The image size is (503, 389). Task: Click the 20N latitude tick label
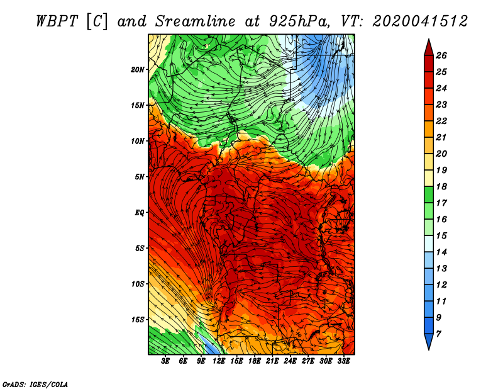point(137,70)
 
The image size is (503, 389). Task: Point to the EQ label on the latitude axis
point(139,213)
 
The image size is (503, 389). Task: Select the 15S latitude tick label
point(138,320)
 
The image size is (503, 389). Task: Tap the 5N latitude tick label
point(140,177)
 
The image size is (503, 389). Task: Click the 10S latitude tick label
point(138,284)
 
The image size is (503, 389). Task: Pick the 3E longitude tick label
point(165,361)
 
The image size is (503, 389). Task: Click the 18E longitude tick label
point(255,361)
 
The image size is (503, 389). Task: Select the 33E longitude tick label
point(343,361)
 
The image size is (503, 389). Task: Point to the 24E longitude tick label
point(290,361)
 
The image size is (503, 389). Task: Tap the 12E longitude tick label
point(219,361)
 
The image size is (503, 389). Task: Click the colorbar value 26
point(441,55)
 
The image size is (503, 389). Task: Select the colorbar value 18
point(441,186)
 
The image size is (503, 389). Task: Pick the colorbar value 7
point(438,334)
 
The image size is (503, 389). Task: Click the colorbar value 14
point(441,252)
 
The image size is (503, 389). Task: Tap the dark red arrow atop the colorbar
point(429,48)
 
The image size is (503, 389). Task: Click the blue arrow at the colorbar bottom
point(429,342)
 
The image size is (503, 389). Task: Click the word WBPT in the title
point(57,21)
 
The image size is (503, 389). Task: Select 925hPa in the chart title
point(300,21)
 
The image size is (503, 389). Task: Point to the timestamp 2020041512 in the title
point(420,21)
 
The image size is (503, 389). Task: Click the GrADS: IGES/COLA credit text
point(35,384)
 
